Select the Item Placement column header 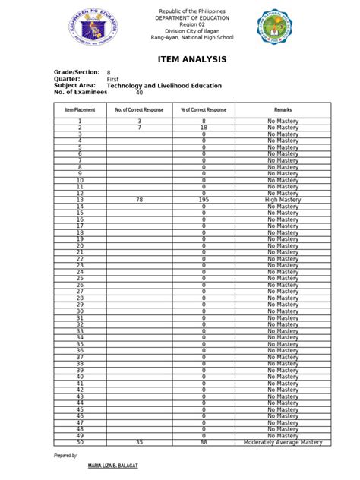click(x=80, y=110)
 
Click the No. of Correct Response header click(x=139, y=110)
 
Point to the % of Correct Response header click(x=204, y=110)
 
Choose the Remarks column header click(x=283, y=110)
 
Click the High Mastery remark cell click(x=283, y=200)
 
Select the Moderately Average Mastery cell click(x=283, y=442)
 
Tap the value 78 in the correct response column click(x=139, y=200)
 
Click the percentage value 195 click(x=204, y=200)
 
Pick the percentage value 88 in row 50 click(x=204, y=442)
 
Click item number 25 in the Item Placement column click(x=80, y=279)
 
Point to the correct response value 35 click(x=139, y=442)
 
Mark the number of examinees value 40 click(x=139, y=93)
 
